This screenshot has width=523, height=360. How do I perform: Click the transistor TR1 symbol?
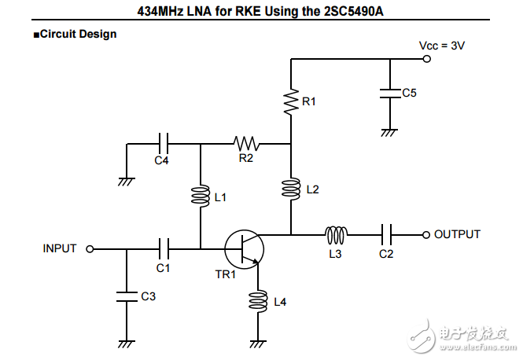(244, 249)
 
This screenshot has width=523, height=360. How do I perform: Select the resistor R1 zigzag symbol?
(290, 102)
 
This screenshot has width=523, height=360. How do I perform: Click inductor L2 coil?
(290, 189)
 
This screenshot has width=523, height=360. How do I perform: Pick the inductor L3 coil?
(337, 234)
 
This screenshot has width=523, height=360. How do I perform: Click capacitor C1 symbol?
(163, 249)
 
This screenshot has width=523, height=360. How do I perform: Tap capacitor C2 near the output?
(386, 234)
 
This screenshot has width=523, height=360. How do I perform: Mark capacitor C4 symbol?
(163, 144)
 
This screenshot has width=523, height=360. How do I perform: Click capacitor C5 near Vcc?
(388, 93)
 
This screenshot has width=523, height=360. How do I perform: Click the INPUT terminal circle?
(90, 249)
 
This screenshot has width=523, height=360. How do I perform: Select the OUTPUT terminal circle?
(426, 234)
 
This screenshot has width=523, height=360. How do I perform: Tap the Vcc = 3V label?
(441, 46)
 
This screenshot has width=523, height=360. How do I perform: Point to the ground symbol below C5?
(388, 132)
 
